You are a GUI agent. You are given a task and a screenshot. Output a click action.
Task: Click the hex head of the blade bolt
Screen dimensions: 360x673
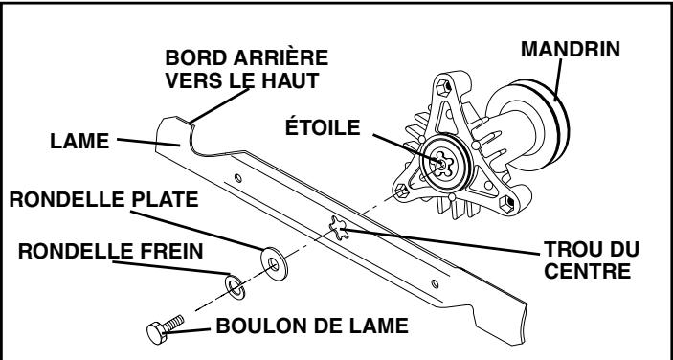point(154,332)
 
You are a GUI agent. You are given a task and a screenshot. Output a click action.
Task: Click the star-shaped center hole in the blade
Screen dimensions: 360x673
point(338,229)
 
